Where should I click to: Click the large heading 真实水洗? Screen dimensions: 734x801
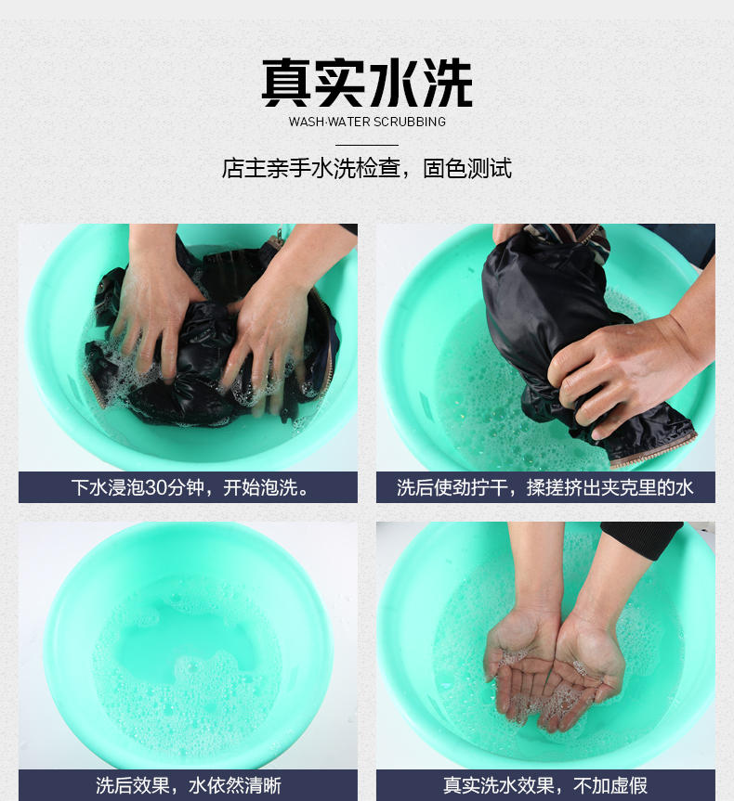367,83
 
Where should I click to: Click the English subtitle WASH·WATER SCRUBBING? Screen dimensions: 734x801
367,123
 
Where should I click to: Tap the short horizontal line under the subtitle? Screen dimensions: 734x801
367,145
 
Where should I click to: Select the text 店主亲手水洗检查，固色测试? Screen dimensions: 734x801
366,169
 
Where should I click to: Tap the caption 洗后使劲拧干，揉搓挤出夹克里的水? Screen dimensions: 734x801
545,488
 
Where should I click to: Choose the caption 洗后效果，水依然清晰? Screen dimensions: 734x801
189,785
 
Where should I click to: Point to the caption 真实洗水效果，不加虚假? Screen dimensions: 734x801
545,785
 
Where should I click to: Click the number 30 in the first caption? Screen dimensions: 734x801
155,488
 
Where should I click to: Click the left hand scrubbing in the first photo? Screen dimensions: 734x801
152,306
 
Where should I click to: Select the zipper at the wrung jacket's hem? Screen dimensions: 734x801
655,450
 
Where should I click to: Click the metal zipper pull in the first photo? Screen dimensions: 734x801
280,236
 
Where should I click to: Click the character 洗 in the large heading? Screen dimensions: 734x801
448,83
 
